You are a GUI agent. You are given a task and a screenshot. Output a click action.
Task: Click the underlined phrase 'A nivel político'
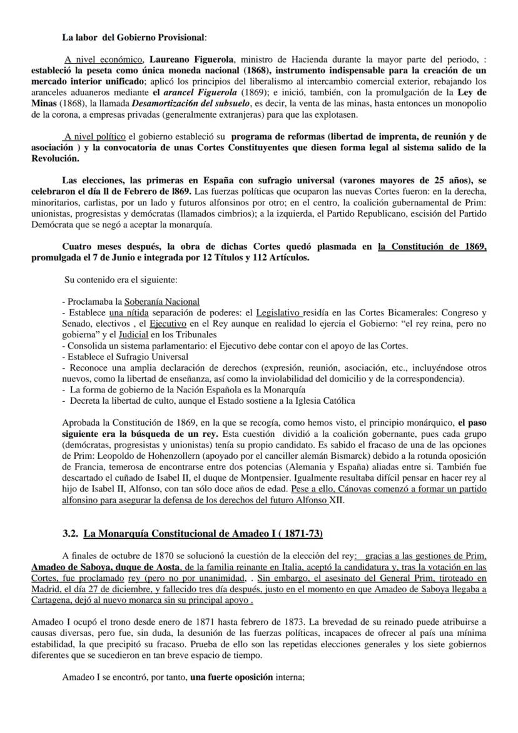[96, 136]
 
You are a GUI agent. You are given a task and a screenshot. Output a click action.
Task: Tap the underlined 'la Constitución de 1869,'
[432, 247]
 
